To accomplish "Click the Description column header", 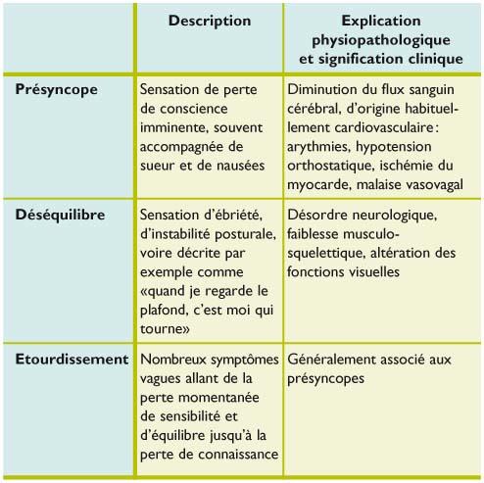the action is click(210, 21).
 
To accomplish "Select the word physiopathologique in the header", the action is click(382, 38).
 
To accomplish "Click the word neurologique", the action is click(408, 214).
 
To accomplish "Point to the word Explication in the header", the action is click(382, 21).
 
